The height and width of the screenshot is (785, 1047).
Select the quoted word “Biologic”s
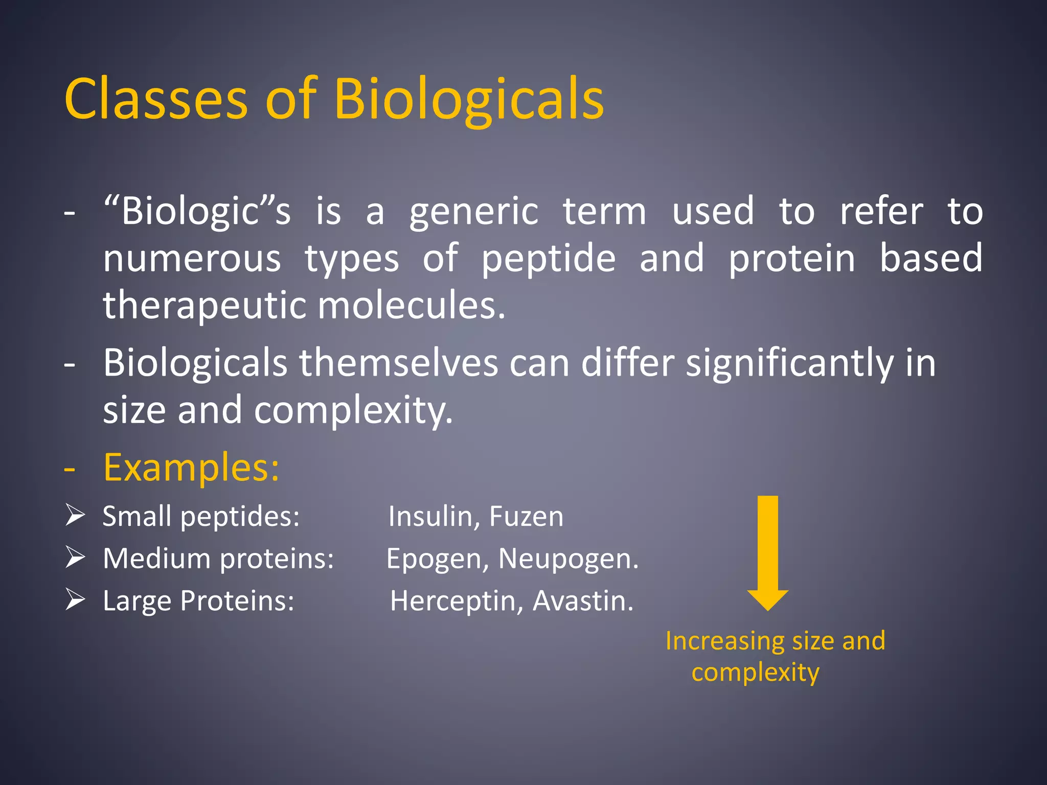[x=197, y=211]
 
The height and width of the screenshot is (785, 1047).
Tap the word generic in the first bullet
[x=473, y=211]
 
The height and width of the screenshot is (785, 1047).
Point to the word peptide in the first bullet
[x=549, y=258]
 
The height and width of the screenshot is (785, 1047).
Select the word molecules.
[x=412, y=305]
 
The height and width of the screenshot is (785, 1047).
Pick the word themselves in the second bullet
[x=398, y=363]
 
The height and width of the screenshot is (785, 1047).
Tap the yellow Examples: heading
[x=191, y=467]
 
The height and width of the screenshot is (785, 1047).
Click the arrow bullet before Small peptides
[x=75, y=515]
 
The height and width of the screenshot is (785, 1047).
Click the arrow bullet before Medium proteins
[x=75, y=558]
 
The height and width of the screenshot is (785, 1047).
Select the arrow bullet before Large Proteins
[x=75, y=600]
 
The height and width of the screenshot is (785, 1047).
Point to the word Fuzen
[x=526, y=516]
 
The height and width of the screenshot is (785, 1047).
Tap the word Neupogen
[x=568, y=559]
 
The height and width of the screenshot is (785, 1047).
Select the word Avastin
[x=582, y=601]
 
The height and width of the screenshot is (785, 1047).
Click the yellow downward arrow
[x=767, y=552]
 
